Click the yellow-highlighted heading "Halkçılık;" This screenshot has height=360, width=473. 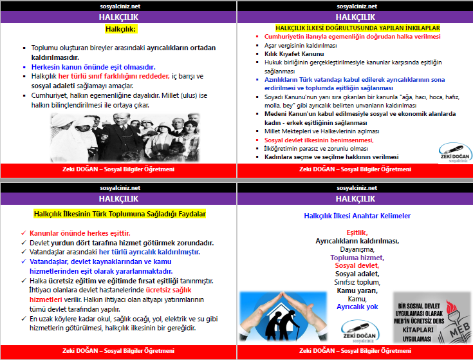[121, 29]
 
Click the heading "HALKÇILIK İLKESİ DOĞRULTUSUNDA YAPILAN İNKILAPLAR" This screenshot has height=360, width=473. [357, 28]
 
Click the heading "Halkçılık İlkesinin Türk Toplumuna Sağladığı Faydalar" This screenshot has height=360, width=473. [119, 214]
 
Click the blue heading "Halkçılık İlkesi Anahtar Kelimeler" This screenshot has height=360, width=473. [357, 216]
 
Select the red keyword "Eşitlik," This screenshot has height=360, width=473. [357, 232]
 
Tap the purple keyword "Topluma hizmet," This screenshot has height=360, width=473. [357, 257]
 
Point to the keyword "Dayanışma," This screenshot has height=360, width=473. [357, 249]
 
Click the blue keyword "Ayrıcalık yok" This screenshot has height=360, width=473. [357, 307]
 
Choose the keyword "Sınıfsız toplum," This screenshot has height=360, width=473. [357, 282]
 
